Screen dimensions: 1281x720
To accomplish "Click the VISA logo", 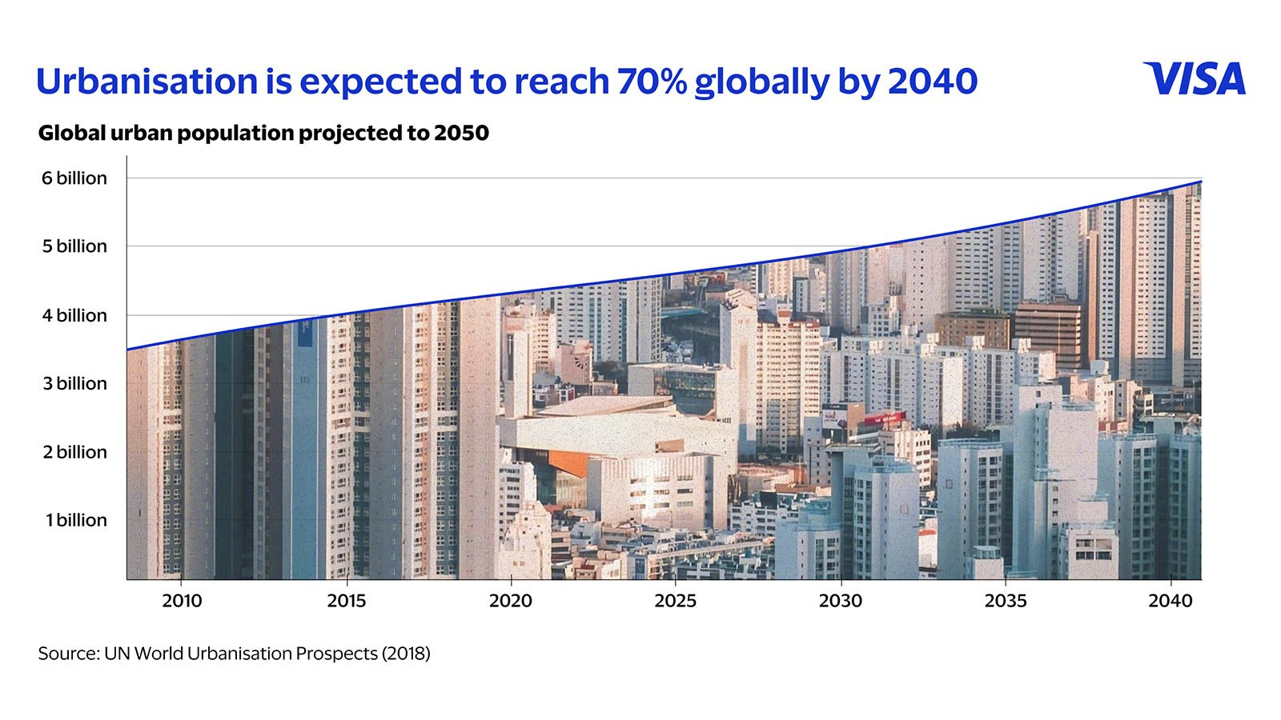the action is point(1194,79).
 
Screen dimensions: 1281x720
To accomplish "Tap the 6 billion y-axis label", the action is point(74,178).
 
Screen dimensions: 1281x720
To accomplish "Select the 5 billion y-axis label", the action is point(74,246).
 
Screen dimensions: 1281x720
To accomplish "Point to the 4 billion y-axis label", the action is point(74,315).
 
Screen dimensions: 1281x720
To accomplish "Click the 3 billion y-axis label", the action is point(74,383).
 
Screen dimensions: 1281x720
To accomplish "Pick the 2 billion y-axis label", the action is point(74,452).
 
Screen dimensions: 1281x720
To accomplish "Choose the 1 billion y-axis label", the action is point(76,520).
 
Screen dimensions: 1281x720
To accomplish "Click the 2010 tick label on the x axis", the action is point(182,601).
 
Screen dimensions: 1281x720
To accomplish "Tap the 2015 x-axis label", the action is point(346,601).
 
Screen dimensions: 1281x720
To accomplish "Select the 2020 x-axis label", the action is point(511,601).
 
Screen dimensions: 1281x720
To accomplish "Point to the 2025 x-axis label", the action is point(676,601).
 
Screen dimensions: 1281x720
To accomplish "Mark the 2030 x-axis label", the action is point(841,601).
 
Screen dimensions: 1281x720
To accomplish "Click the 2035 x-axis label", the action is point(1006,601).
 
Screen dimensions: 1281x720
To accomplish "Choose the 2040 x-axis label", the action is point(1171,601).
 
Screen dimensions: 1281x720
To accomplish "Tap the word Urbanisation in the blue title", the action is point(147,81).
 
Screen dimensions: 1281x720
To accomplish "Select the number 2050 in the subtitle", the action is point(461,133).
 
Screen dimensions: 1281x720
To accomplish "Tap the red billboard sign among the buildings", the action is point(885,418).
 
